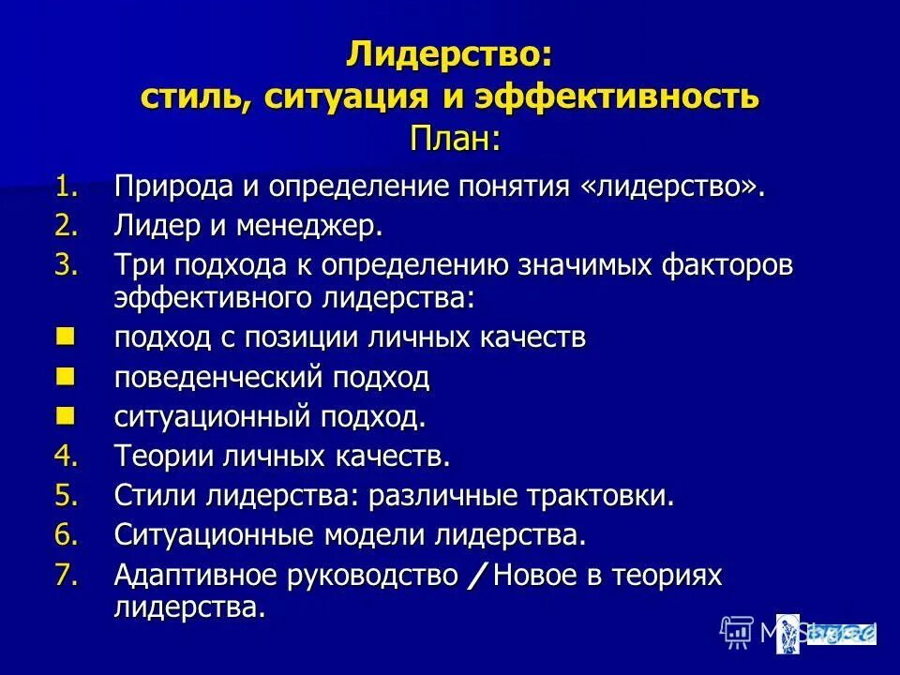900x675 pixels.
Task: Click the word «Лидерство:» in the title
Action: click(449, 54)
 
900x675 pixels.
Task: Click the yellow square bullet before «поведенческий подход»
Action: click(65, 377)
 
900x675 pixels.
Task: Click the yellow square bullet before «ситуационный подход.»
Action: click(65, 415)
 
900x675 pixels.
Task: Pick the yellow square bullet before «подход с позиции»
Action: click(65, 336)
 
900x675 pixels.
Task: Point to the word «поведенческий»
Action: click(217, 378)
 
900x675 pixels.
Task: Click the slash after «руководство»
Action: click(476, 577)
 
